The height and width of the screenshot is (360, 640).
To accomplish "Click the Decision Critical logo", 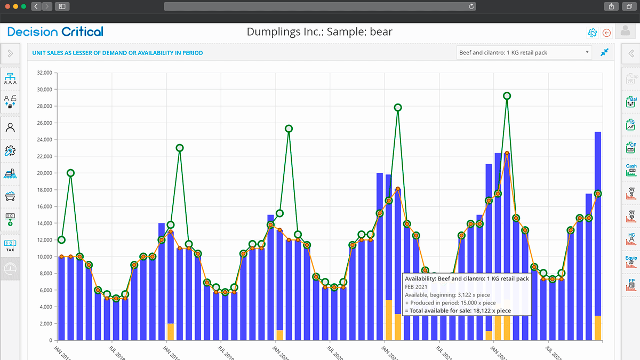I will [55, 32].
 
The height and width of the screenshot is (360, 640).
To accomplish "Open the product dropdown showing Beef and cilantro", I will [524, 52].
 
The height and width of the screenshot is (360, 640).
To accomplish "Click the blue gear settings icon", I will [592, 33].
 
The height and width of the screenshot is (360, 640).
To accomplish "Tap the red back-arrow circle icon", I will [606, 33].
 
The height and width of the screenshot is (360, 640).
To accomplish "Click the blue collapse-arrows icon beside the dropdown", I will [604, 52].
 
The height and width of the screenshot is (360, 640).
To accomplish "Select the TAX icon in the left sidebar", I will [10, 245].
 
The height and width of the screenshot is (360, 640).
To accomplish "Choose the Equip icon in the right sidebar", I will [631, 261].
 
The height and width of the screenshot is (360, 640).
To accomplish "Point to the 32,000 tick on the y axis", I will [43, 73].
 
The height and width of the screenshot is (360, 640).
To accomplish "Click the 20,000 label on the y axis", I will [43, 173].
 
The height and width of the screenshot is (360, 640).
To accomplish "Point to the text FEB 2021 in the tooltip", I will [417, 286].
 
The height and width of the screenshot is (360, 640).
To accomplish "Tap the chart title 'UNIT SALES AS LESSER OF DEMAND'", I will [117, 53].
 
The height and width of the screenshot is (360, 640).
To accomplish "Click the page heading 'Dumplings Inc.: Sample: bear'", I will [319, 32].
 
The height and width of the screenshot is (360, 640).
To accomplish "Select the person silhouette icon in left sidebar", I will [10, 127].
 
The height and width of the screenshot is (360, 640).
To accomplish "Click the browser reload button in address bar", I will [471, 6].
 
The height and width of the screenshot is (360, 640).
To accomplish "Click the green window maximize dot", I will [24, 6].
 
